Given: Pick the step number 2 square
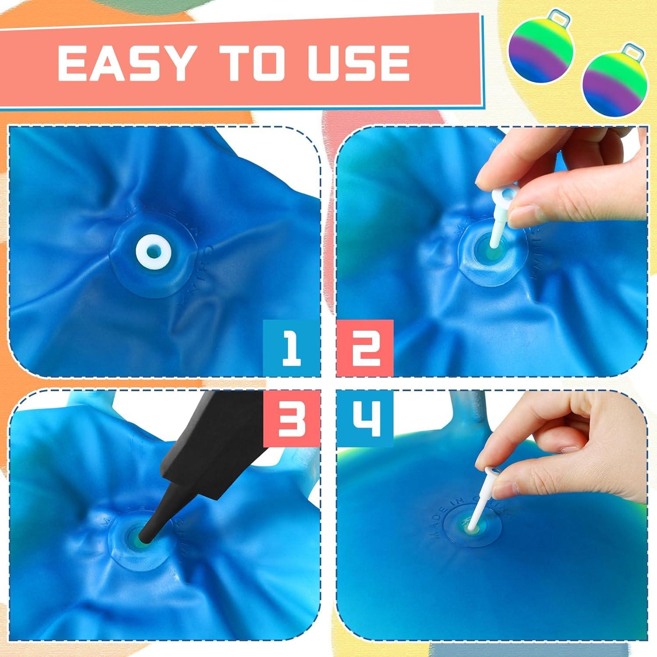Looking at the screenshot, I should click(365, 348).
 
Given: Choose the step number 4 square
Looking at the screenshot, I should click(365, 420).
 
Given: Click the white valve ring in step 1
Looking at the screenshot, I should click(153, 253).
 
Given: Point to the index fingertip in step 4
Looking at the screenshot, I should click(486, 460).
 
